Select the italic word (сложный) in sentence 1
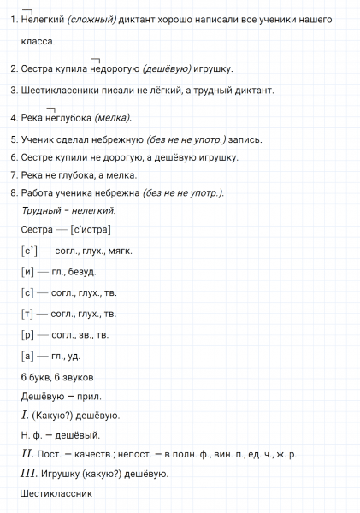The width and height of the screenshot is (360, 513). tap(91, 19)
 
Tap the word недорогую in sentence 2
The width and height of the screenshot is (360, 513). tap(117, 69)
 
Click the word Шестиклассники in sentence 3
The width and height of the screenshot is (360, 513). tap(59, 90)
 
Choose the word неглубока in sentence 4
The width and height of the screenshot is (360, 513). tap(68, 118)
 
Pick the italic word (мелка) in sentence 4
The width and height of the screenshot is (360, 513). tap(114, 118)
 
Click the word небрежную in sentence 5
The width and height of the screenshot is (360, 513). tap(117, 139)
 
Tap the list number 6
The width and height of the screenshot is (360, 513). tap(14, 157)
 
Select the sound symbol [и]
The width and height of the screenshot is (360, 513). tap(27, 272)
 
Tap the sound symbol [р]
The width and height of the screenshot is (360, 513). tap(27, 334)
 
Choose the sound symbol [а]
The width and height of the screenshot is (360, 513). tap(27, 356)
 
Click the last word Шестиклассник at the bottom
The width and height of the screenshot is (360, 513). tap(56, 493)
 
